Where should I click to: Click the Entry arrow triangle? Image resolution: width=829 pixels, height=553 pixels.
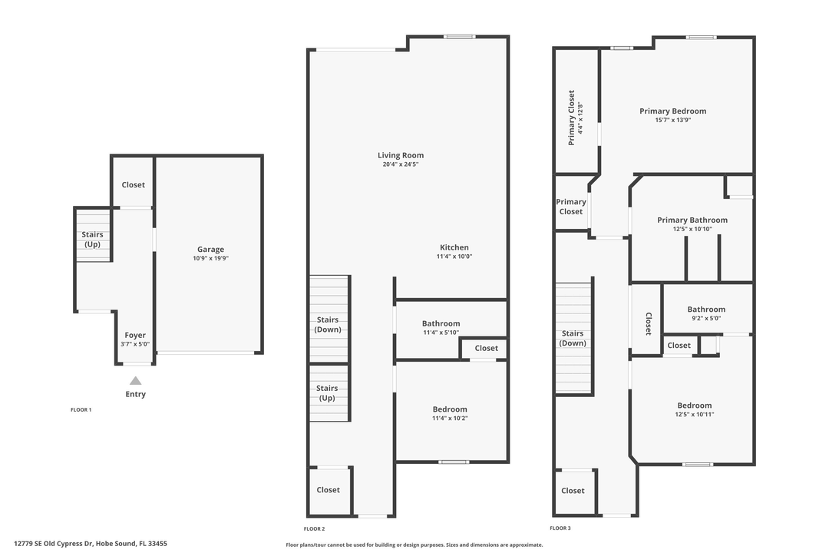(135, 380)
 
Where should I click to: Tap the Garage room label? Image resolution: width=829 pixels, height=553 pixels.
(210, 249)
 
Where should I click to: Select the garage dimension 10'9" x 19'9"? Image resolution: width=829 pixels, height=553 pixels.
(210, 259)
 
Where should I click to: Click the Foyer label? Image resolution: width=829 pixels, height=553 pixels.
(135, 335)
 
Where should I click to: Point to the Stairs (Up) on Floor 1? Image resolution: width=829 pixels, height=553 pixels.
(92, 240)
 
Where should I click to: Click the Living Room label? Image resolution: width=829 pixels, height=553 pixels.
(401, 155)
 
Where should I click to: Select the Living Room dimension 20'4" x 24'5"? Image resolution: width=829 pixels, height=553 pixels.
(401, 164)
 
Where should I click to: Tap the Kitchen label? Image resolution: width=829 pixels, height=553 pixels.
(454, 247)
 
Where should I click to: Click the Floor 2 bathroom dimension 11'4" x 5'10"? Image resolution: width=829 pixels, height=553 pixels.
(441, 333)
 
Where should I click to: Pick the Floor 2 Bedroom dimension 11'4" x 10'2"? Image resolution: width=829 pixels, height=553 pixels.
(449, 419)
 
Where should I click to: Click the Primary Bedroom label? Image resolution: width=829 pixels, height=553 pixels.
(672, 111)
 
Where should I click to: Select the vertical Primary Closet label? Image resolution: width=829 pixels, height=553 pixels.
(571, 118)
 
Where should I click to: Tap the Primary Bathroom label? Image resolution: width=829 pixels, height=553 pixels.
(692, 220)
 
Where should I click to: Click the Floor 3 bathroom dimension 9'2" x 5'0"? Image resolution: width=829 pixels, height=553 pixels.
(705, 318)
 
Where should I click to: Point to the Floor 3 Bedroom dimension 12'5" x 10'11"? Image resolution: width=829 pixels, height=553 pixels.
(694, 415)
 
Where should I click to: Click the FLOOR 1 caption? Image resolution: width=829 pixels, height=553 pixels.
(81, 410)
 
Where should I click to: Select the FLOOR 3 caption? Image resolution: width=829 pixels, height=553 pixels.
(560, 528)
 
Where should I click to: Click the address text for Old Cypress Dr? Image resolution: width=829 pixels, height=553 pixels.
(90, 544)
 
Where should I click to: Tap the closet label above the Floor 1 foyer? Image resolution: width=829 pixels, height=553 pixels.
(133, 185)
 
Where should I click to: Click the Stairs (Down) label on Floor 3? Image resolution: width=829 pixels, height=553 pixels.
(573, 339)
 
